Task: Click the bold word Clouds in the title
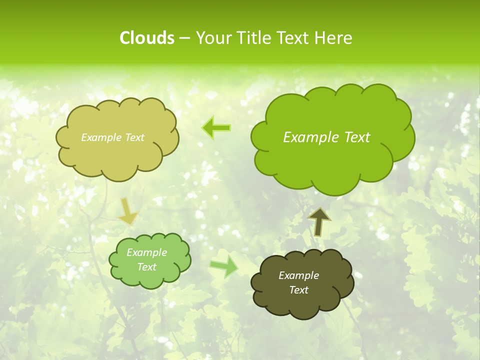(x=146, y=38)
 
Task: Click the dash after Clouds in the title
(x=184, y=38)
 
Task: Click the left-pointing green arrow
(x=216, y=128)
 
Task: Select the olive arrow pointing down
(x=128, y=210)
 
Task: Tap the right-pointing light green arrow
(x=223, y=267)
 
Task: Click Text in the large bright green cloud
(x=356, y=137)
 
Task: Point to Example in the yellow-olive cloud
(x=101, y=137)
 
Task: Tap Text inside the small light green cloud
(x=147, y=267)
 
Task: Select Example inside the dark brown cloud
(x=298, y=275)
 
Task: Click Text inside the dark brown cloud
(x=298, y=290)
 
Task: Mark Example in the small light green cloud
(x=147, y=252)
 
